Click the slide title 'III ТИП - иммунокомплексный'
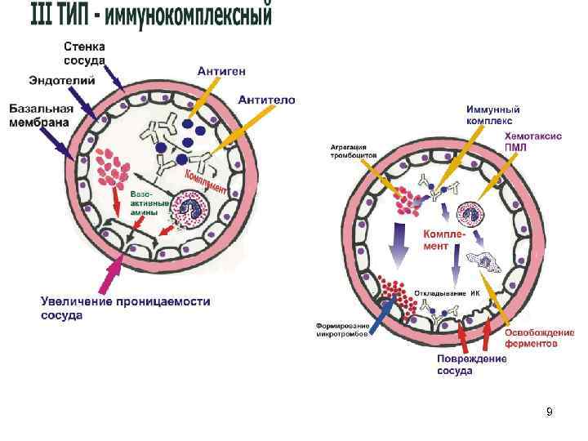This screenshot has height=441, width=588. pyautogui.click(x=151, y=16)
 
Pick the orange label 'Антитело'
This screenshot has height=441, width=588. pyautogui.click(x=267, y=100)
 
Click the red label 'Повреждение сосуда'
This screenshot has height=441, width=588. pyautogui.click(x=470, y=364)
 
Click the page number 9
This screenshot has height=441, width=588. pyautogui.click(x=550, y=412)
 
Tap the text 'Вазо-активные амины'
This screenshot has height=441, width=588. pyautogui.click(x=149, y=202)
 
